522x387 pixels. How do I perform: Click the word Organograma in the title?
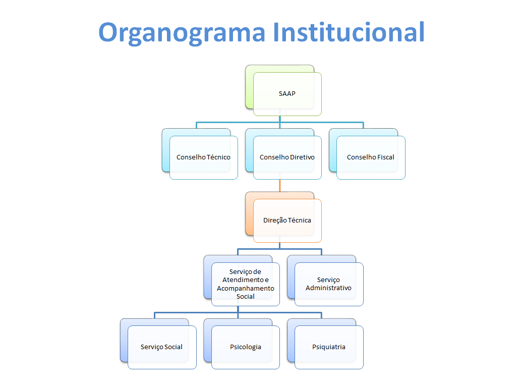[182, 32]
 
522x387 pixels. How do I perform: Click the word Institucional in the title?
[349, 32]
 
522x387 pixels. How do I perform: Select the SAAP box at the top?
[287, 94]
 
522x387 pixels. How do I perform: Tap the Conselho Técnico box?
[203, 157]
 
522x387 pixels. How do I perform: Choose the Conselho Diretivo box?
[287, 157]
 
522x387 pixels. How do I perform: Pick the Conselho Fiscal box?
[371, 157]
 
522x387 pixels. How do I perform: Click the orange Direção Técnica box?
[287, 220]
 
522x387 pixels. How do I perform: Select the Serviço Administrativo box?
[328, 284]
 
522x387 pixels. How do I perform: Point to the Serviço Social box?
[162, 347]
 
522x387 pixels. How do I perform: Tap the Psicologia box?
[246, 347]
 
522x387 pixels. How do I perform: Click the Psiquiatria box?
[328, 347]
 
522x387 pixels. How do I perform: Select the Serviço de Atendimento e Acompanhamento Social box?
[246, 284]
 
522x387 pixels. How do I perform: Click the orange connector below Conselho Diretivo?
[280, 186]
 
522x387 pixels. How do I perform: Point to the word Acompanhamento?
[246, 289]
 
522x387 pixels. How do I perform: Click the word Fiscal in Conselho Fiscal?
[385, 157]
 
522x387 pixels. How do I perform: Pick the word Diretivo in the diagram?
[303, 157]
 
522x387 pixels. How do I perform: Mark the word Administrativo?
[328, 288]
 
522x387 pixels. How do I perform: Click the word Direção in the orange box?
[275, 220]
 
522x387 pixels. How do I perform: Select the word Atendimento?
[243, 280]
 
